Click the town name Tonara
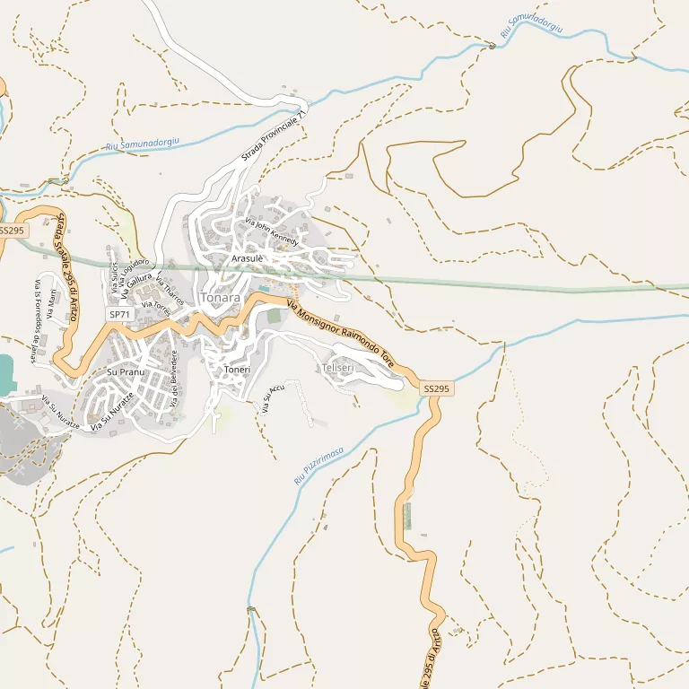click(222, 297)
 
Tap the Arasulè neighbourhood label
click(248, 258)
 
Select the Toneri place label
click(238, 370)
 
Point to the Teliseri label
click(337, 369)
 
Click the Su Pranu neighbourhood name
click(126, 371)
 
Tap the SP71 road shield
click(120, 315)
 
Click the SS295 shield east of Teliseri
click(437, 388)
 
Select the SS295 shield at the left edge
click(13, 231)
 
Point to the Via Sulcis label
click(115, 276)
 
